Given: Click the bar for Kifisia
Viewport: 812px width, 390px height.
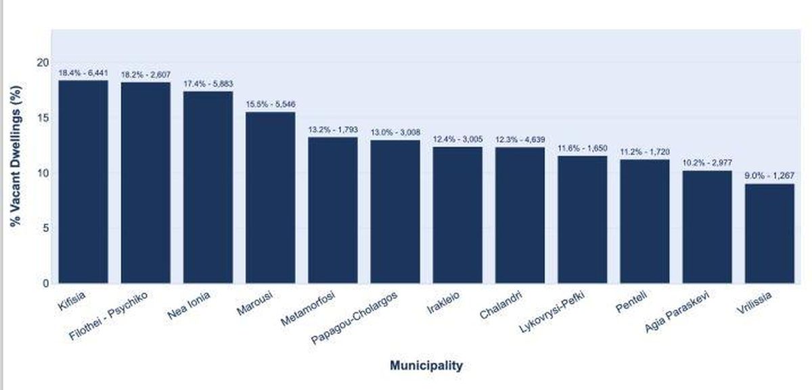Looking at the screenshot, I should pyautogui.click(x=83, y=181).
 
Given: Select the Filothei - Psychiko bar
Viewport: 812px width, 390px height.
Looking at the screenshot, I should pyautogui.click(x=145, y=182).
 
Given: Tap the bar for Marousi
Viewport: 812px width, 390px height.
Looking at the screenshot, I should pyautogui.click(x=270, y=197).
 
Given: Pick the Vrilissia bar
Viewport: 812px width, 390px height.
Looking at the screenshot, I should pyautogui.click(x=769, y=233).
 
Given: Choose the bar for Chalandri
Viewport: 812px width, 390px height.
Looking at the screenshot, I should pyautogui.click(x=520, y=215).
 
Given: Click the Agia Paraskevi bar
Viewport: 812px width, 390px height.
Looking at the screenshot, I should pyautogui.click(x=707, y=226).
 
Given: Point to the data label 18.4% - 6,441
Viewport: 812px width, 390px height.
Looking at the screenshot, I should pyautogui.click(x=83, y=72).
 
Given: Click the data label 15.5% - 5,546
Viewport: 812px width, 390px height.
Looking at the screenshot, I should pyautogui.click(x=270, y=104).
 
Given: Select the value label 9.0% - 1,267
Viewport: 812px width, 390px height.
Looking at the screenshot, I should pyautogui.click(x=769, y=176).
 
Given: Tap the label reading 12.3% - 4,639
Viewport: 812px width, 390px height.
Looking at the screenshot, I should pyautogui.click(x=520, y=139).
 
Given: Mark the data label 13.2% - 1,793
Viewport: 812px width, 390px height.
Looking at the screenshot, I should pyautogui.click(x=332, y=129).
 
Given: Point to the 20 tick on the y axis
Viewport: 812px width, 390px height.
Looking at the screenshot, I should pyautogui.click(x=43, y=62).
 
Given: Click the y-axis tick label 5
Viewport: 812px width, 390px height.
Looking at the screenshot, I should pyautogui.click(x=45, y=228).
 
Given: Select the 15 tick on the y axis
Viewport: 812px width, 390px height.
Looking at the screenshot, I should pyautogui.click(x=43, y=118).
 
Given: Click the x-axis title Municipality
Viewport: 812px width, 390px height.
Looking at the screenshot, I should pyautogui.click(x=426, y=366).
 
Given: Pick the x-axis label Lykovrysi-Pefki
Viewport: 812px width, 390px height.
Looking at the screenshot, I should pyautogui.click(x=552, y=313).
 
